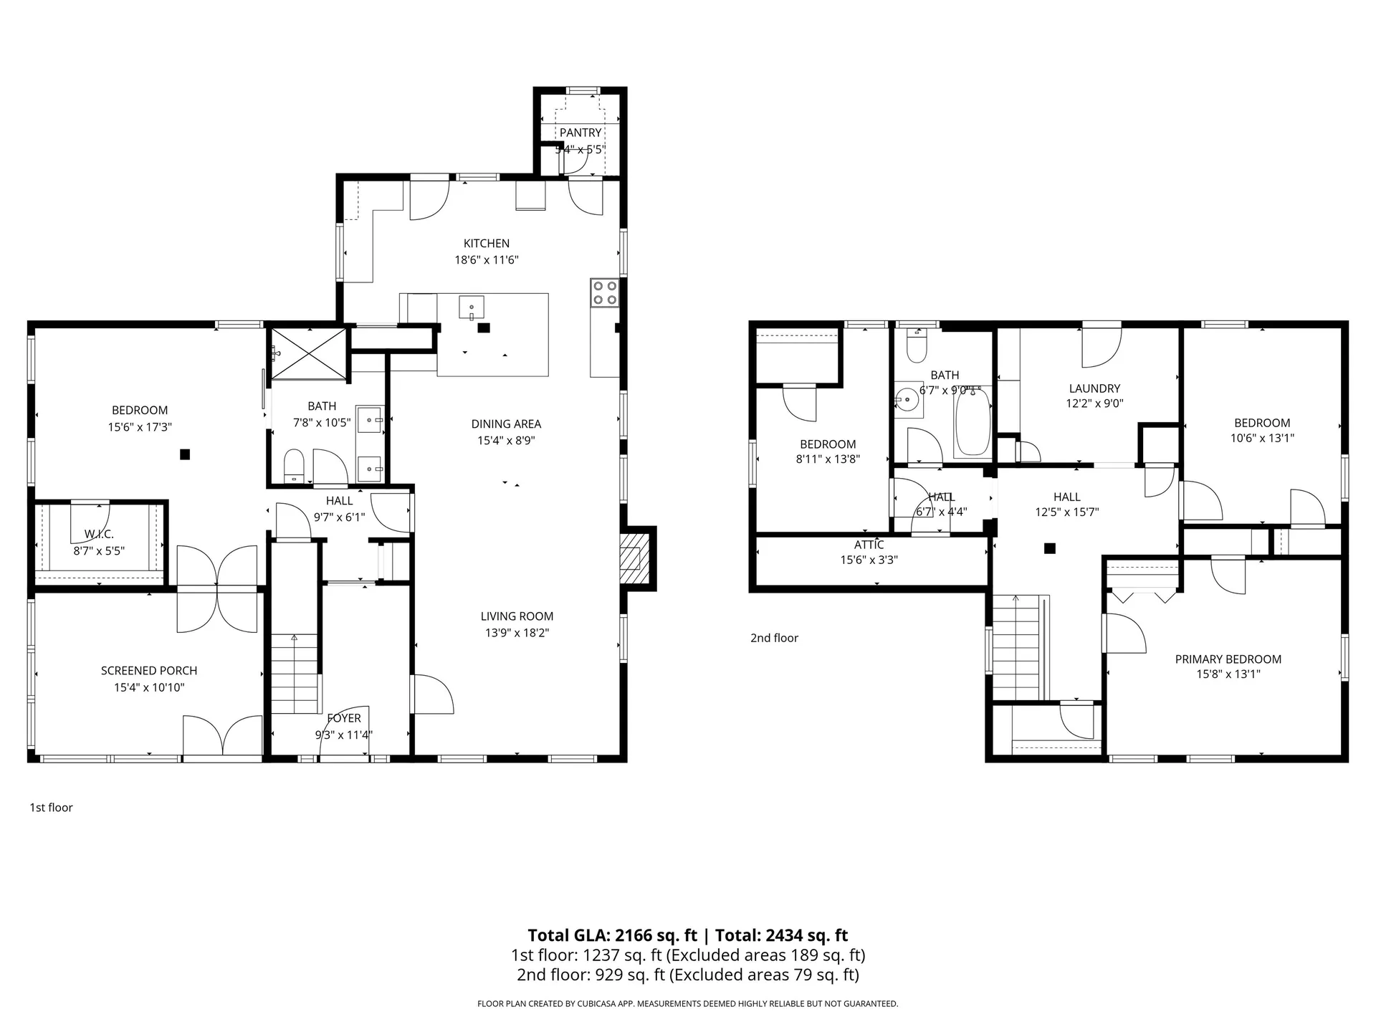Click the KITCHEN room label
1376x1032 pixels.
(487, 244)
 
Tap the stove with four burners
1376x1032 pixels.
(604, 292)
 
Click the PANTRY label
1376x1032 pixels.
(580, 133)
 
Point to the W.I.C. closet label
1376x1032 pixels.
(99, 534)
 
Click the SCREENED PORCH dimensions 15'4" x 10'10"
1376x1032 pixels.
(149, 687)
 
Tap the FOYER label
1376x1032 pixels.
(344, 718)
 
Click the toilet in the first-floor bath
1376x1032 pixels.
(295, 465)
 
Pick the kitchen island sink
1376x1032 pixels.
(472, 307)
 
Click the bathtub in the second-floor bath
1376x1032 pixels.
(973, 422)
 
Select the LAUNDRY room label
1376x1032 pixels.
(1094, 388)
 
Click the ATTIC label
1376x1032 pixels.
(869, 545)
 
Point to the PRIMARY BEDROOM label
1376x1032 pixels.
(1228, 659)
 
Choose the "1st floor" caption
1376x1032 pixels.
(51, 808)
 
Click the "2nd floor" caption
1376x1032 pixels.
(774, 638)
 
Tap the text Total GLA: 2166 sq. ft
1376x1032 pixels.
(612, 935)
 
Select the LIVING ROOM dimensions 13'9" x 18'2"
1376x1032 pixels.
(517, 633)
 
